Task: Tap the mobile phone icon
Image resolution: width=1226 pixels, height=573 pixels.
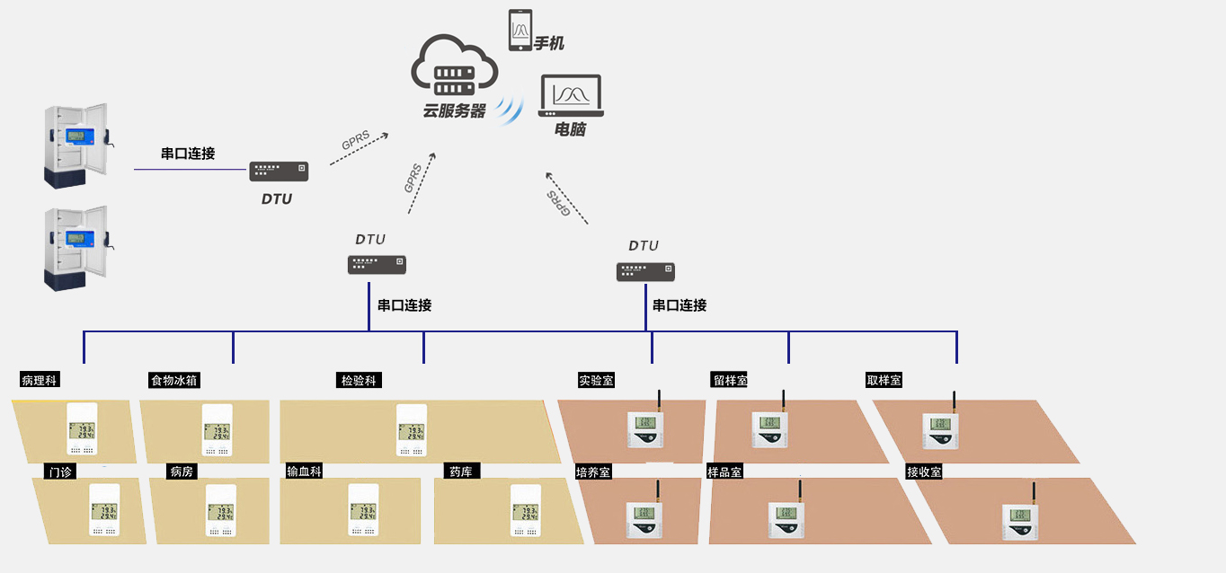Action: pyautogui.click(x=520, y=31)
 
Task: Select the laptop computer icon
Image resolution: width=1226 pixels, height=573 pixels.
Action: pyautogui.click(x=571, y=96)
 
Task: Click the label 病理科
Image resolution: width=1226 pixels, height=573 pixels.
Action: pyautogui.click(x=40, y=380)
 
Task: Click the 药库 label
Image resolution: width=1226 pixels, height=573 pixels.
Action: pyautogui.click(x=464, y=471)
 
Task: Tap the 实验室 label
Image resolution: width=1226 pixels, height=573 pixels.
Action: pyautogui.click(x=597, y=380)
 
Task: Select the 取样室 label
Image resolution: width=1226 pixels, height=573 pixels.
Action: pyautogui.click(x=884, y=380)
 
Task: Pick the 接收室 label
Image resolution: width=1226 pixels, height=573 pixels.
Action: pyautogui.click(x=924, y=471)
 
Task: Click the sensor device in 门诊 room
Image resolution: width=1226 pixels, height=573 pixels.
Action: pyautogui.click(x=103, y=510)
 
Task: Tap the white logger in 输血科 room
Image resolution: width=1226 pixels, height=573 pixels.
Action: pyautogui.click(x=362, y=510)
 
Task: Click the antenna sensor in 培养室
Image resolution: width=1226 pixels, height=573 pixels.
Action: pyautogui.click(x=644, y=519)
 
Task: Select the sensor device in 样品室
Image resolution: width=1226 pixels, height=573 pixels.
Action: pyautogui.click(x=786, y=519)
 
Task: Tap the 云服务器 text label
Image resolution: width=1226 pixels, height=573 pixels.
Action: pyautogui.click(x=455, y=111)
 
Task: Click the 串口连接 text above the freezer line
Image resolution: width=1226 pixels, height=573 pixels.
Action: pyautogui.click(x=188, y=154)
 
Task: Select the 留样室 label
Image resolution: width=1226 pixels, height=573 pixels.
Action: pyautogui.click(x=730, y=380)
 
